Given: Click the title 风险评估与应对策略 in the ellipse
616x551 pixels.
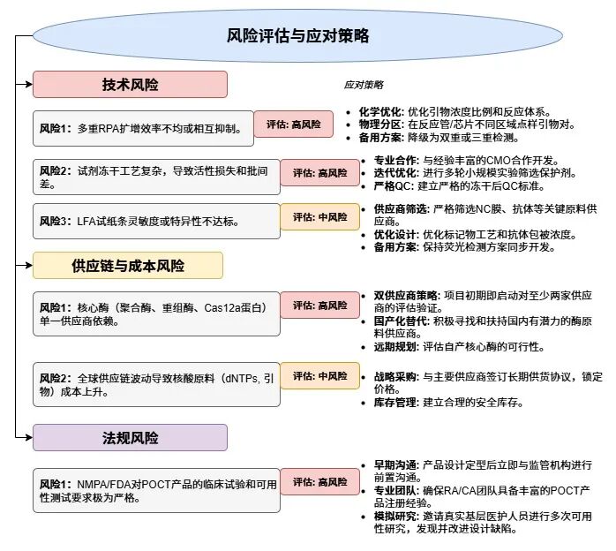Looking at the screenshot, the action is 297,35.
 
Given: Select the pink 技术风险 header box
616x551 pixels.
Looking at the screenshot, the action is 130,84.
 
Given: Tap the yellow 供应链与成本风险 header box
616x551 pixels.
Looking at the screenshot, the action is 128,266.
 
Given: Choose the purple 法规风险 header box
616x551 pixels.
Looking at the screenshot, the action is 130,437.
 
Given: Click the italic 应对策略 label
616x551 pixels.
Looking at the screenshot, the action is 364,85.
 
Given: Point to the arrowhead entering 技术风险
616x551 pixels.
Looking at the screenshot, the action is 28,84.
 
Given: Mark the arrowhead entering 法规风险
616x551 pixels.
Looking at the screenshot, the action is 28,437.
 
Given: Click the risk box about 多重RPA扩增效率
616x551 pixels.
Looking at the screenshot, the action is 143,129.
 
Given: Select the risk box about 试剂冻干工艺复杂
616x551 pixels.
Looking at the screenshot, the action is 156,177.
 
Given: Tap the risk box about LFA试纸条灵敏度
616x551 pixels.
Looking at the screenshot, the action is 156,222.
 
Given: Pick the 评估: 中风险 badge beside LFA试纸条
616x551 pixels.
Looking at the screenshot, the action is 319,216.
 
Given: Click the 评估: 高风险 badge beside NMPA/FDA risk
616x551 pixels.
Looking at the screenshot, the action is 319,482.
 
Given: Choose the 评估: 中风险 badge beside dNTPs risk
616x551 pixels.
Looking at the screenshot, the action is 319,375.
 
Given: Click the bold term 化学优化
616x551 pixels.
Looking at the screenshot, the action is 379,112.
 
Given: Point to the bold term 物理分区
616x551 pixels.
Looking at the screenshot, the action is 379,125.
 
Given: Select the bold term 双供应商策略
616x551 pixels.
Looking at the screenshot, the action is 405,296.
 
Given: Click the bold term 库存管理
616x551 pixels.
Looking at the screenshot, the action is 394,403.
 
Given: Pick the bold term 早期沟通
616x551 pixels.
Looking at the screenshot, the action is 394,465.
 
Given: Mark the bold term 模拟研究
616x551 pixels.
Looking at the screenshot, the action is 394,516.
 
